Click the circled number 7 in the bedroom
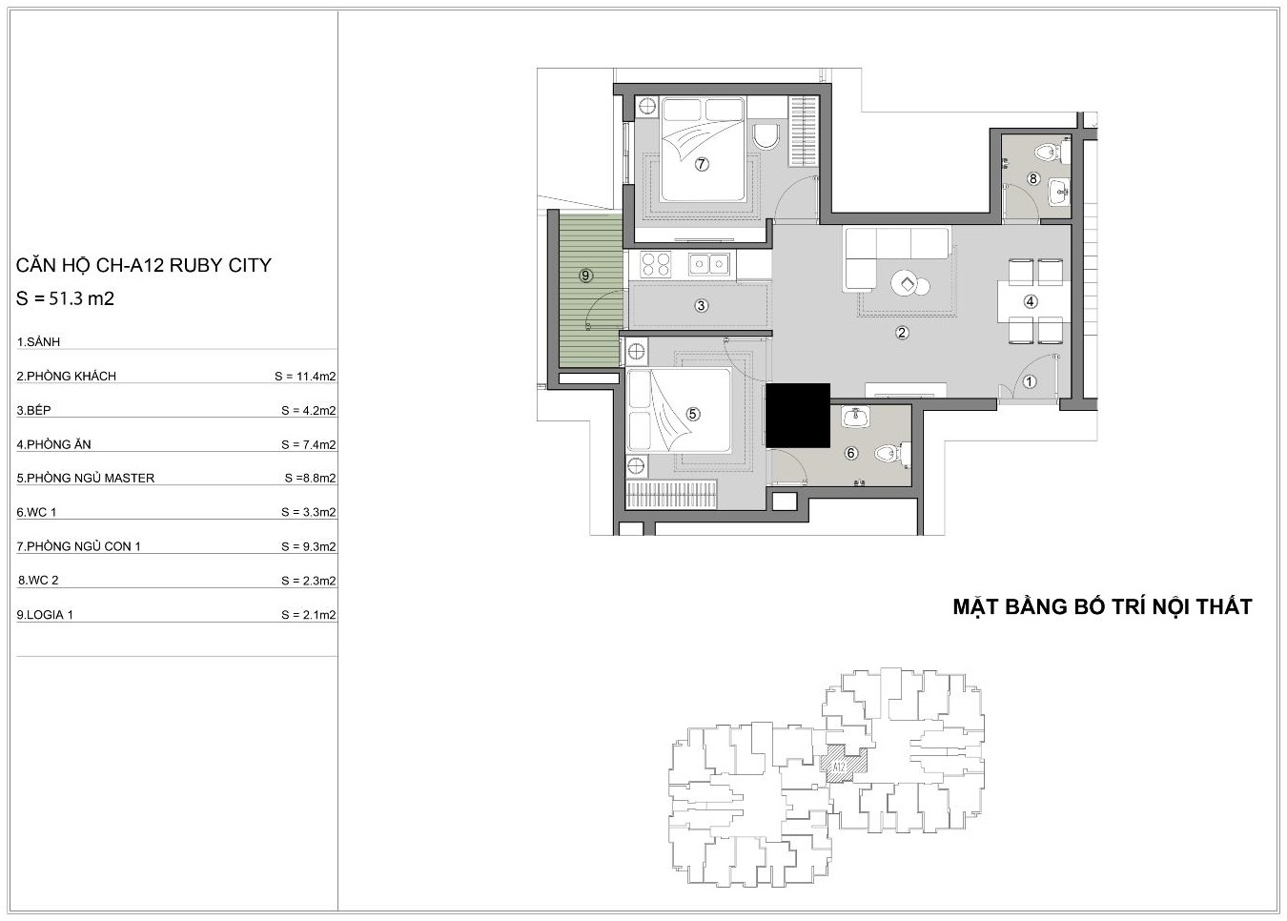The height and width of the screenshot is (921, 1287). click(x=701, y=164)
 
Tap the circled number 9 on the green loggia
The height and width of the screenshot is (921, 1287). click(x=585, y=276)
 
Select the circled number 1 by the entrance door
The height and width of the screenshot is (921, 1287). click(x=1029, y=381)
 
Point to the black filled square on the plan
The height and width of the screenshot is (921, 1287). click(x=798, y=416)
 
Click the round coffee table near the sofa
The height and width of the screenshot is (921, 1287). click(x=906, y=283)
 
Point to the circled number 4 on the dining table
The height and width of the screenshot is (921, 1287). click(x=1031, y=301)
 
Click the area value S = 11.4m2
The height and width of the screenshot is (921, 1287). click(x=305, y=377)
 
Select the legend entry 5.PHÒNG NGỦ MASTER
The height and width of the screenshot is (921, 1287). click(x=86, y=478)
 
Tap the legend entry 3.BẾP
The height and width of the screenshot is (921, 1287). click(x=34, y=410)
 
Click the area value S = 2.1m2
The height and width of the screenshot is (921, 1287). click(x=309, y=615)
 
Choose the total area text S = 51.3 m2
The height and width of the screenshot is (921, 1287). click(x=65, y=298)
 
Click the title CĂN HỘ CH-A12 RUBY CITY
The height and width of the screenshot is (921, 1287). click(x=144, y=265)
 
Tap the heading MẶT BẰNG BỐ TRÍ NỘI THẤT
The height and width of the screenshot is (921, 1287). click(x=1103, y=607)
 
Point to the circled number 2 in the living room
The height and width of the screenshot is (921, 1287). click(x=902, y=333)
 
